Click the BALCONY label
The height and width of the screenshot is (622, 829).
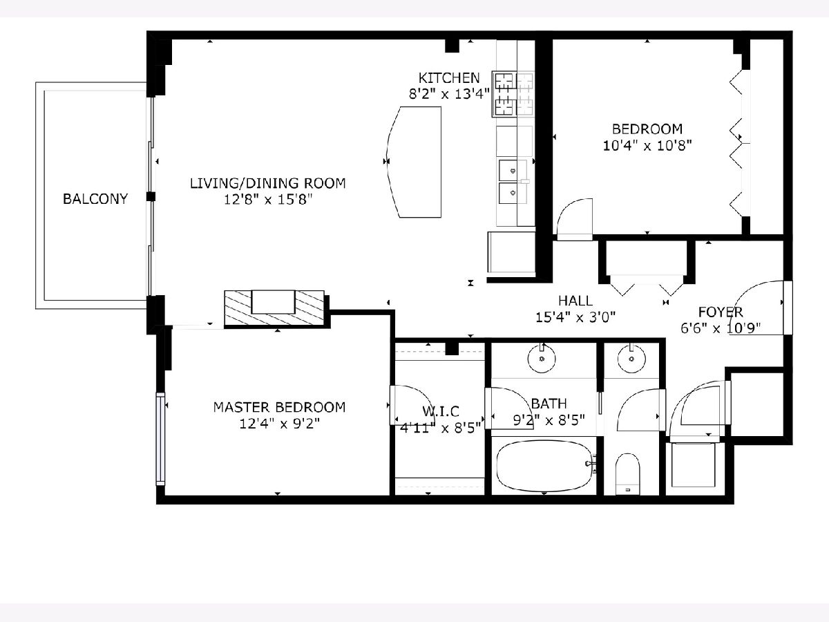95,198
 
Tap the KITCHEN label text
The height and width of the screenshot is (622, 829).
449,78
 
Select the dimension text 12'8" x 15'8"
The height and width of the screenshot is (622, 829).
268,199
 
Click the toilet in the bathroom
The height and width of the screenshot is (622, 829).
627,474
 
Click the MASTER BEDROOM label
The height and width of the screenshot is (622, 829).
280,407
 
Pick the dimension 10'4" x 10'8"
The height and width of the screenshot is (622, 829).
647,145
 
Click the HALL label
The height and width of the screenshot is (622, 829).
575,301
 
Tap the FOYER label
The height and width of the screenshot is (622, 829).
721,312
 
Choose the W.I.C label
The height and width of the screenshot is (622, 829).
441,411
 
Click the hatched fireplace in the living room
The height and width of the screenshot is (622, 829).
274,308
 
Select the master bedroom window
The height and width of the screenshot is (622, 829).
160,438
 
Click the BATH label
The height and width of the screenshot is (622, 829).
549,404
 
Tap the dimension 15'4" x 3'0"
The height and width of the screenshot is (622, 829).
575,317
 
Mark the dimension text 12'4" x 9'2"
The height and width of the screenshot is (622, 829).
280,424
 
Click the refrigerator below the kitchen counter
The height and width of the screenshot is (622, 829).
511,252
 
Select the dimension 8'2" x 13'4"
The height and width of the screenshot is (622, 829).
449,94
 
